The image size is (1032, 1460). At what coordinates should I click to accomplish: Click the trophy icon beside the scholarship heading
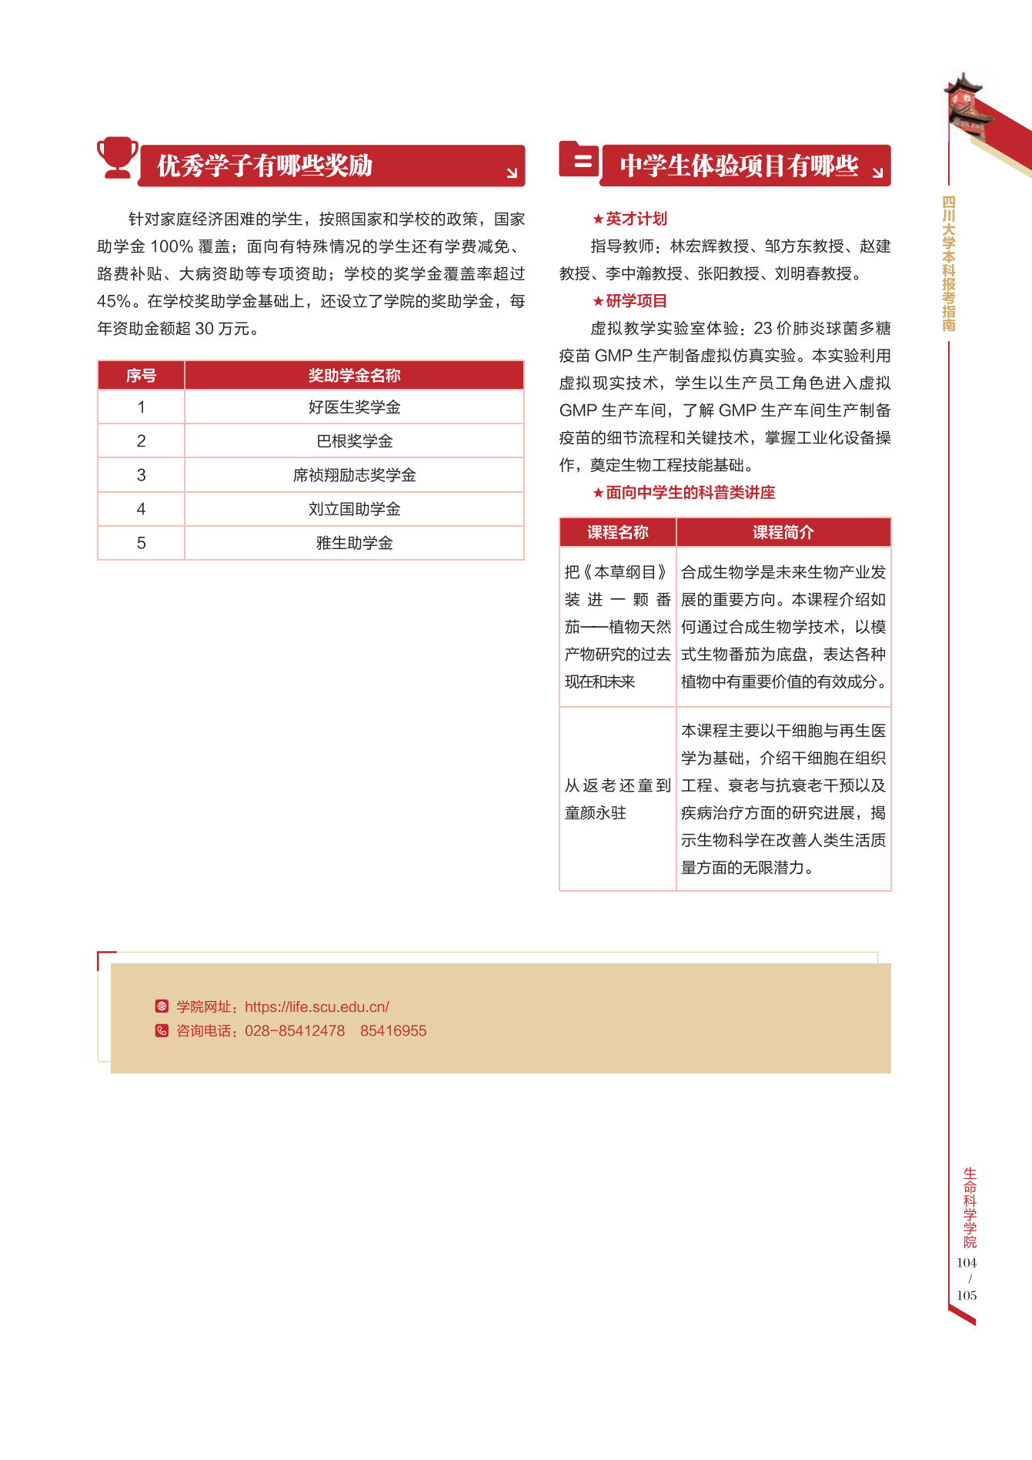pyautogui.click(x=118, y=157)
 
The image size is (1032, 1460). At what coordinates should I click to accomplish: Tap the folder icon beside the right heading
pyautogui.click(x=579, y=159)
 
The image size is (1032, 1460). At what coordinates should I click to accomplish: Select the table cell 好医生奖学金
pyautogui.click(x=354, y=407)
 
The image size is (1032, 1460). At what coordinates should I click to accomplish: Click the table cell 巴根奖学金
pyautogui.click(x=354, y=441)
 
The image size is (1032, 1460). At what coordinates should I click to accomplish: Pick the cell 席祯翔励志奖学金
pyautogui.click(x=354, y=475)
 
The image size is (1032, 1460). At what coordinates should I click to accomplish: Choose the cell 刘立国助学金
pyautogui.click(x=354, y=509)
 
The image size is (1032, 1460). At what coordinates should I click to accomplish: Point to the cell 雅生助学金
pyautogui.click(x=354, y=543)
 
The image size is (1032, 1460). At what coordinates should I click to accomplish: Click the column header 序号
pyautogui.click(x=141, y=376)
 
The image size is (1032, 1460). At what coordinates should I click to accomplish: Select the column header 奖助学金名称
pyautogui.click(x=354, y=376)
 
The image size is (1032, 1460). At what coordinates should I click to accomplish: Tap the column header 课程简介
pyautogui.click(x=783, y=532)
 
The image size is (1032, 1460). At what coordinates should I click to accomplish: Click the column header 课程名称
pyautogui.click(x=617, y=532)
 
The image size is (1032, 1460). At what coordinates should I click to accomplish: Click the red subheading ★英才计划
pyautogui.click(x=630, y=219)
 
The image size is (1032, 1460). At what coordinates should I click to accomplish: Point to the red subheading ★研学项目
pyautogui.click(x=630, y=301)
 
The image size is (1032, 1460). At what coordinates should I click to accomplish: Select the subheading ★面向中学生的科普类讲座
pyautogui.click(x=683, y=493)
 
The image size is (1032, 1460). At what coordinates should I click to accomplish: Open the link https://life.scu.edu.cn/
pyautogui.click(x=317, y=1006)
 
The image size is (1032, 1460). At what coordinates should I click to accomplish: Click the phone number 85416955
pyautogui.click(x=393, y=1031)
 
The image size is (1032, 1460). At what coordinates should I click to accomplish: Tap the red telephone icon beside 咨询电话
pyautogui.click(x=162, y=1031)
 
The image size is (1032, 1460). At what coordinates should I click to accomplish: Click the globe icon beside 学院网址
pyautogui.click(x=162, y=1006)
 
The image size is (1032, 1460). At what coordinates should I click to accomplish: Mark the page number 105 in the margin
pyautogui.click(x=967, y=1295)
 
